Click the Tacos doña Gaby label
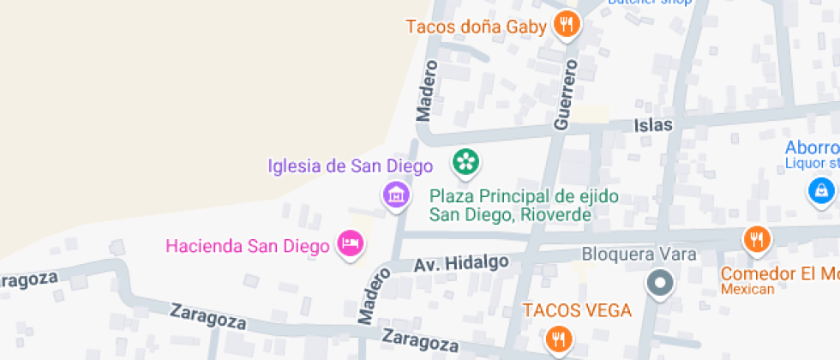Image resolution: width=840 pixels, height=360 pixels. coord(476,27)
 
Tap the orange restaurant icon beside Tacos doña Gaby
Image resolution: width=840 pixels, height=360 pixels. coord(566,25)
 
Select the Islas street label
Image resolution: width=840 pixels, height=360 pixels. coord(653,125)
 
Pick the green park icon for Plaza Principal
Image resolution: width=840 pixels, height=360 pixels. coord(465,161)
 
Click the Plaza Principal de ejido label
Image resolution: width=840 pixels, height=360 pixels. coord(524,196)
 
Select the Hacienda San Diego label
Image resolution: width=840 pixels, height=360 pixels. coord(248,247)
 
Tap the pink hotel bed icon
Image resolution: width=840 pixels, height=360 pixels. coord(350,244)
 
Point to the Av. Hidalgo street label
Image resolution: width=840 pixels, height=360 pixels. coord(461,262)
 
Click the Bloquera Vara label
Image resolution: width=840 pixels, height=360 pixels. coord(639,254)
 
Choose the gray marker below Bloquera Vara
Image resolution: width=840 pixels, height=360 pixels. coord(659,283)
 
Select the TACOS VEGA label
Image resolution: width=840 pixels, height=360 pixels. coord(578,310)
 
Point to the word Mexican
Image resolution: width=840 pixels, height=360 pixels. coord(747,290)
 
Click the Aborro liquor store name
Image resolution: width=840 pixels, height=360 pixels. coord(812,147)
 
